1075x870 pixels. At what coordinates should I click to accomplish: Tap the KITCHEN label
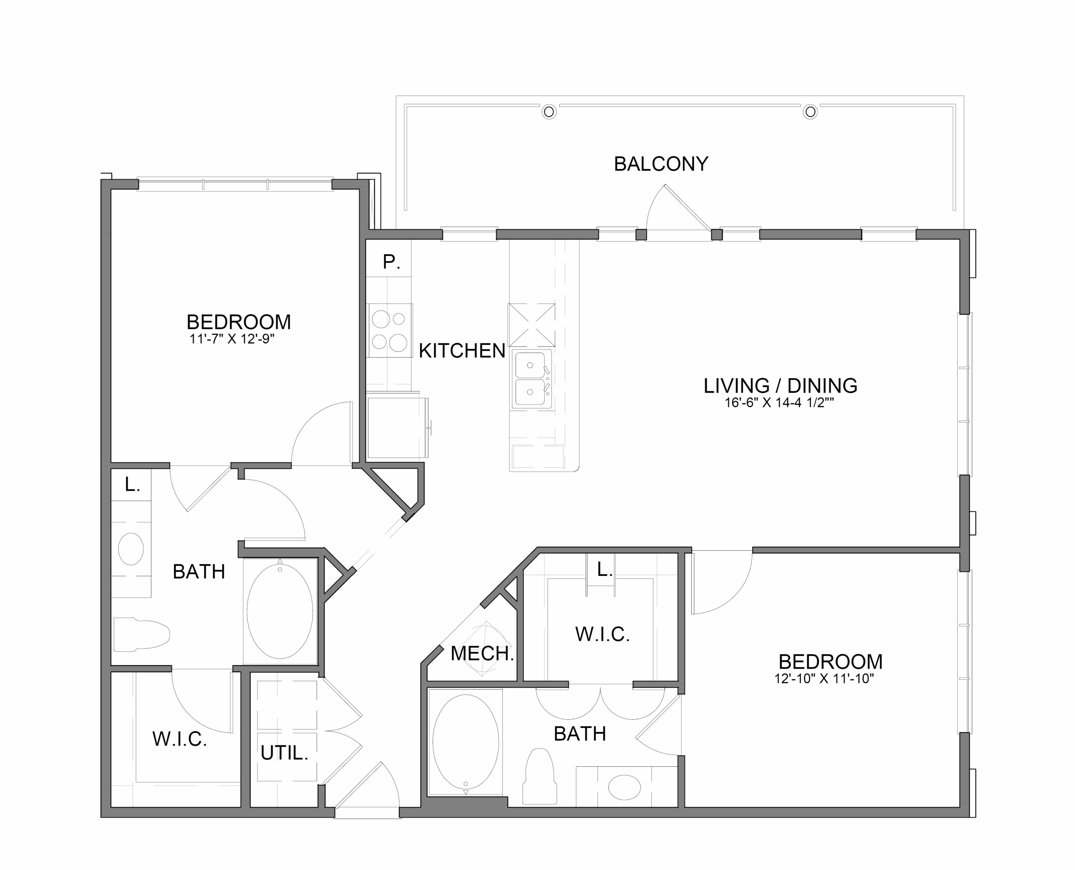tap(462, 351)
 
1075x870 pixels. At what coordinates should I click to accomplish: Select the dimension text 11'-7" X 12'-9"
tap(232, 339)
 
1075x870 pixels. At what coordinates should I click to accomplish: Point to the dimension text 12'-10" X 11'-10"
tap(824, 679)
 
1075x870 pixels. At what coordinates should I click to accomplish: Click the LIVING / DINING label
tap(780, 385)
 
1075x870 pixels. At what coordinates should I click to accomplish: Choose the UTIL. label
tap(284, 753)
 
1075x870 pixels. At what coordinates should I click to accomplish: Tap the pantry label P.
tap(391, 261)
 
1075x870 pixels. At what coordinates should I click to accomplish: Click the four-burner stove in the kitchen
tap(390, 330)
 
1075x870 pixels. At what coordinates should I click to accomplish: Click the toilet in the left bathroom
tap(142, 634)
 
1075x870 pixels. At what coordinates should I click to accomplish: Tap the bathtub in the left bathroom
tap(280, 612)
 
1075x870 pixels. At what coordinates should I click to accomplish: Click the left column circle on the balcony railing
tap(549, 112)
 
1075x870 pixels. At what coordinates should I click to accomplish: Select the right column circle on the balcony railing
tap(810, 112)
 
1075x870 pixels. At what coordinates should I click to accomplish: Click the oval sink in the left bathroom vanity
tap(131, 549)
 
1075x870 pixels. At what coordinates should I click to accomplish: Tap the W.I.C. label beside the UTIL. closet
tap(179, 739)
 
